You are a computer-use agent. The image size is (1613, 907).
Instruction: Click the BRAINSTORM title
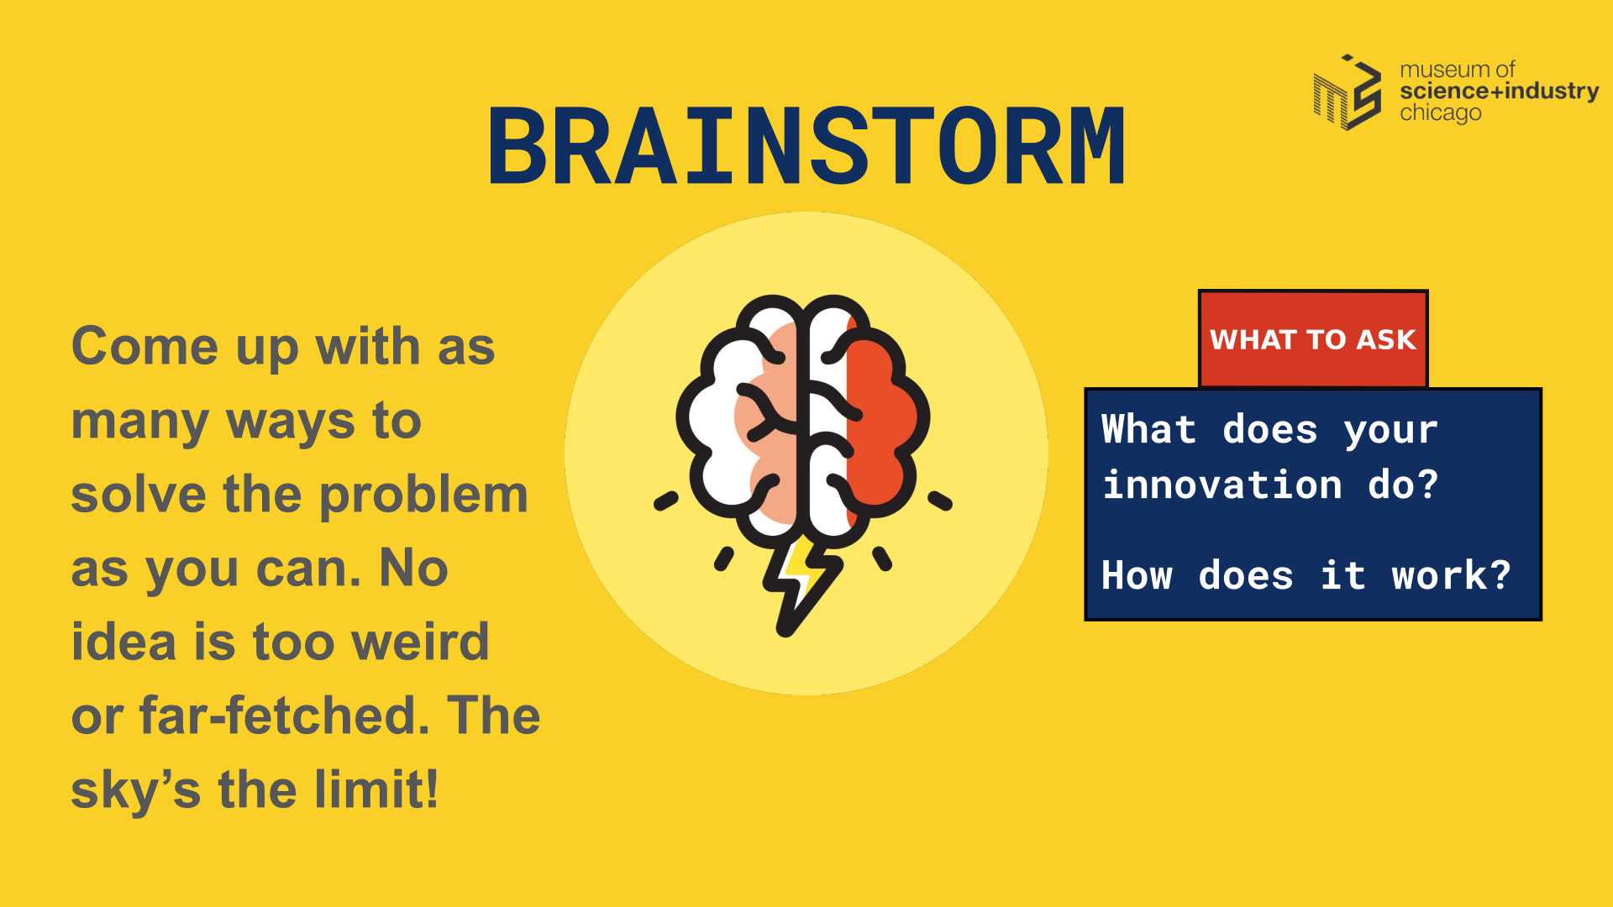806,145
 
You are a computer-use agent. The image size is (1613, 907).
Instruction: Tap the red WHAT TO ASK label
1313,339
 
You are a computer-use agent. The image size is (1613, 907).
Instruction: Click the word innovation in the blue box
1222,485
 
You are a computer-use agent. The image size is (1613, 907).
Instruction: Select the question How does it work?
1306,575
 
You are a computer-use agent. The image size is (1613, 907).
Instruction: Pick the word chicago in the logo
1440,113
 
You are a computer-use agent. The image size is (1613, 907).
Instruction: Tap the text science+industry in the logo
1500,91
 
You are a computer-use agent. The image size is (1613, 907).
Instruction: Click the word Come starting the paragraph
145,346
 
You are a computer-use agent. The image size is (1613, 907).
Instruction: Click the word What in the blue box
1148,429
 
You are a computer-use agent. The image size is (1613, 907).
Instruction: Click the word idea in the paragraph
123,642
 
